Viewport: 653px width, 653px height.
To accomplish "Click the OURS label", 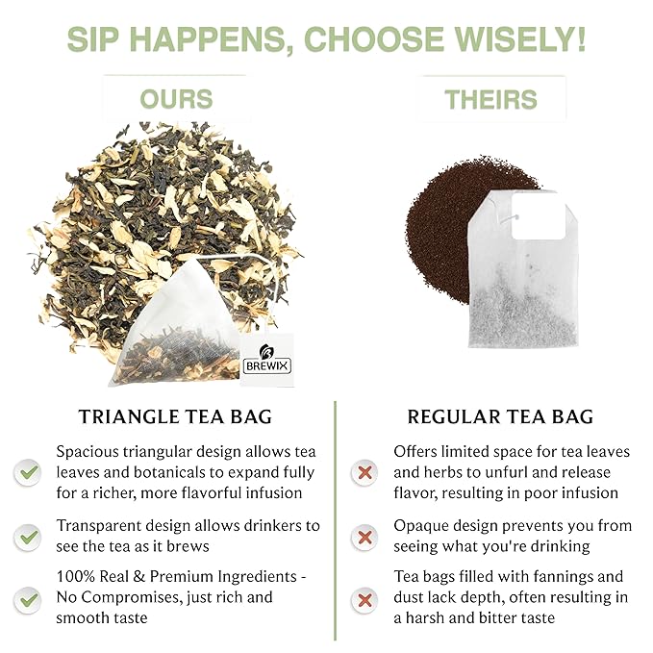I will [176, 99].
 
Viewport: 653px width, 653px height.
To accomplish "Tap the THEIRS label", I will [490, 99].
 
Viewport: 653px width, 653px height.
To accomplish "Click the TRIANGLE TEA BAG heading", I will [176, 416].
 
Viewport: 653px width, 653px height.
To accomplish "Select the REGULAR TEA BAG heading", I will [500, 416].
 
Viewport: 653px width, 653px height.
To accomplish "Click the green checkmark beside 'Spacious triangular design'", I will [28, 472].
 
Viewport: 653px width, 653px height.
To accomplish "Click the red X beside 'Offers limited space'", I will [364, 472].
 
